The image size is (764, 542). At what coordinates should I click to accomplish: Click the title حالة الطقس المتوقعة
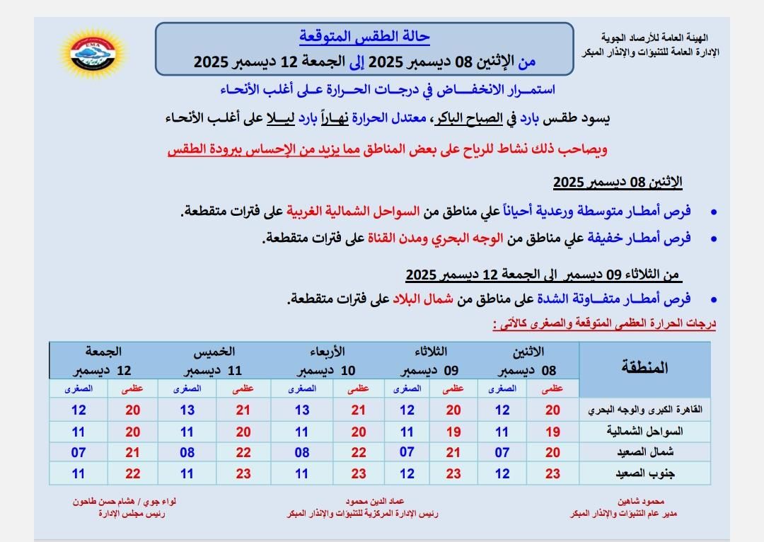[364, 36]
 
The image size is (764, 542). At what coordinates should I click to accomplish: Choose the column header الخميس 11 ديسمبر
[210, 361]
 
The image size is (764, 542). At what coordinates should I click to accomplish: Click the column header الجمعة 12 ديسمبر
[103, 361]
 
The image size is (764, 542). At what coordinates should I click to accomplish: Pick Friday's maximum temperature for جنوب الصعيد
[132, 474]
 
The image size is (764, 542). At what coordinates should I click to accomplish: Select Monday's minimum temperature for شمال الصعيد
[502, 453]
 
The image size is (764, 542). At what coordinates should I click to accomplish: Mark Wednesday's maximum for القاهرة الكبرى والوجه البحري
[359, 410]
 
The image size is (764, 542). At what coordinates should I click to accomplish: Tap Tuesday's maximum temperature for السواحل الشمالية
[453, 432]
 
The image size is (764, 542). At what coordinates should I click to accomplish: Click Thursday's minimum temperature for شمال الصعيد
[187, 453]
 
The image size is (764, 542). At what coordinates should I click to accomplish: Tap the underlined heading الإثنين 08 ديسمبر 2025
[617, 183]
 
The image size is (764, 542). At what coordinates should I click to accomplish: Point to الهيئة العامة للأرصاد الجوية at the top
[654, 37]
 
